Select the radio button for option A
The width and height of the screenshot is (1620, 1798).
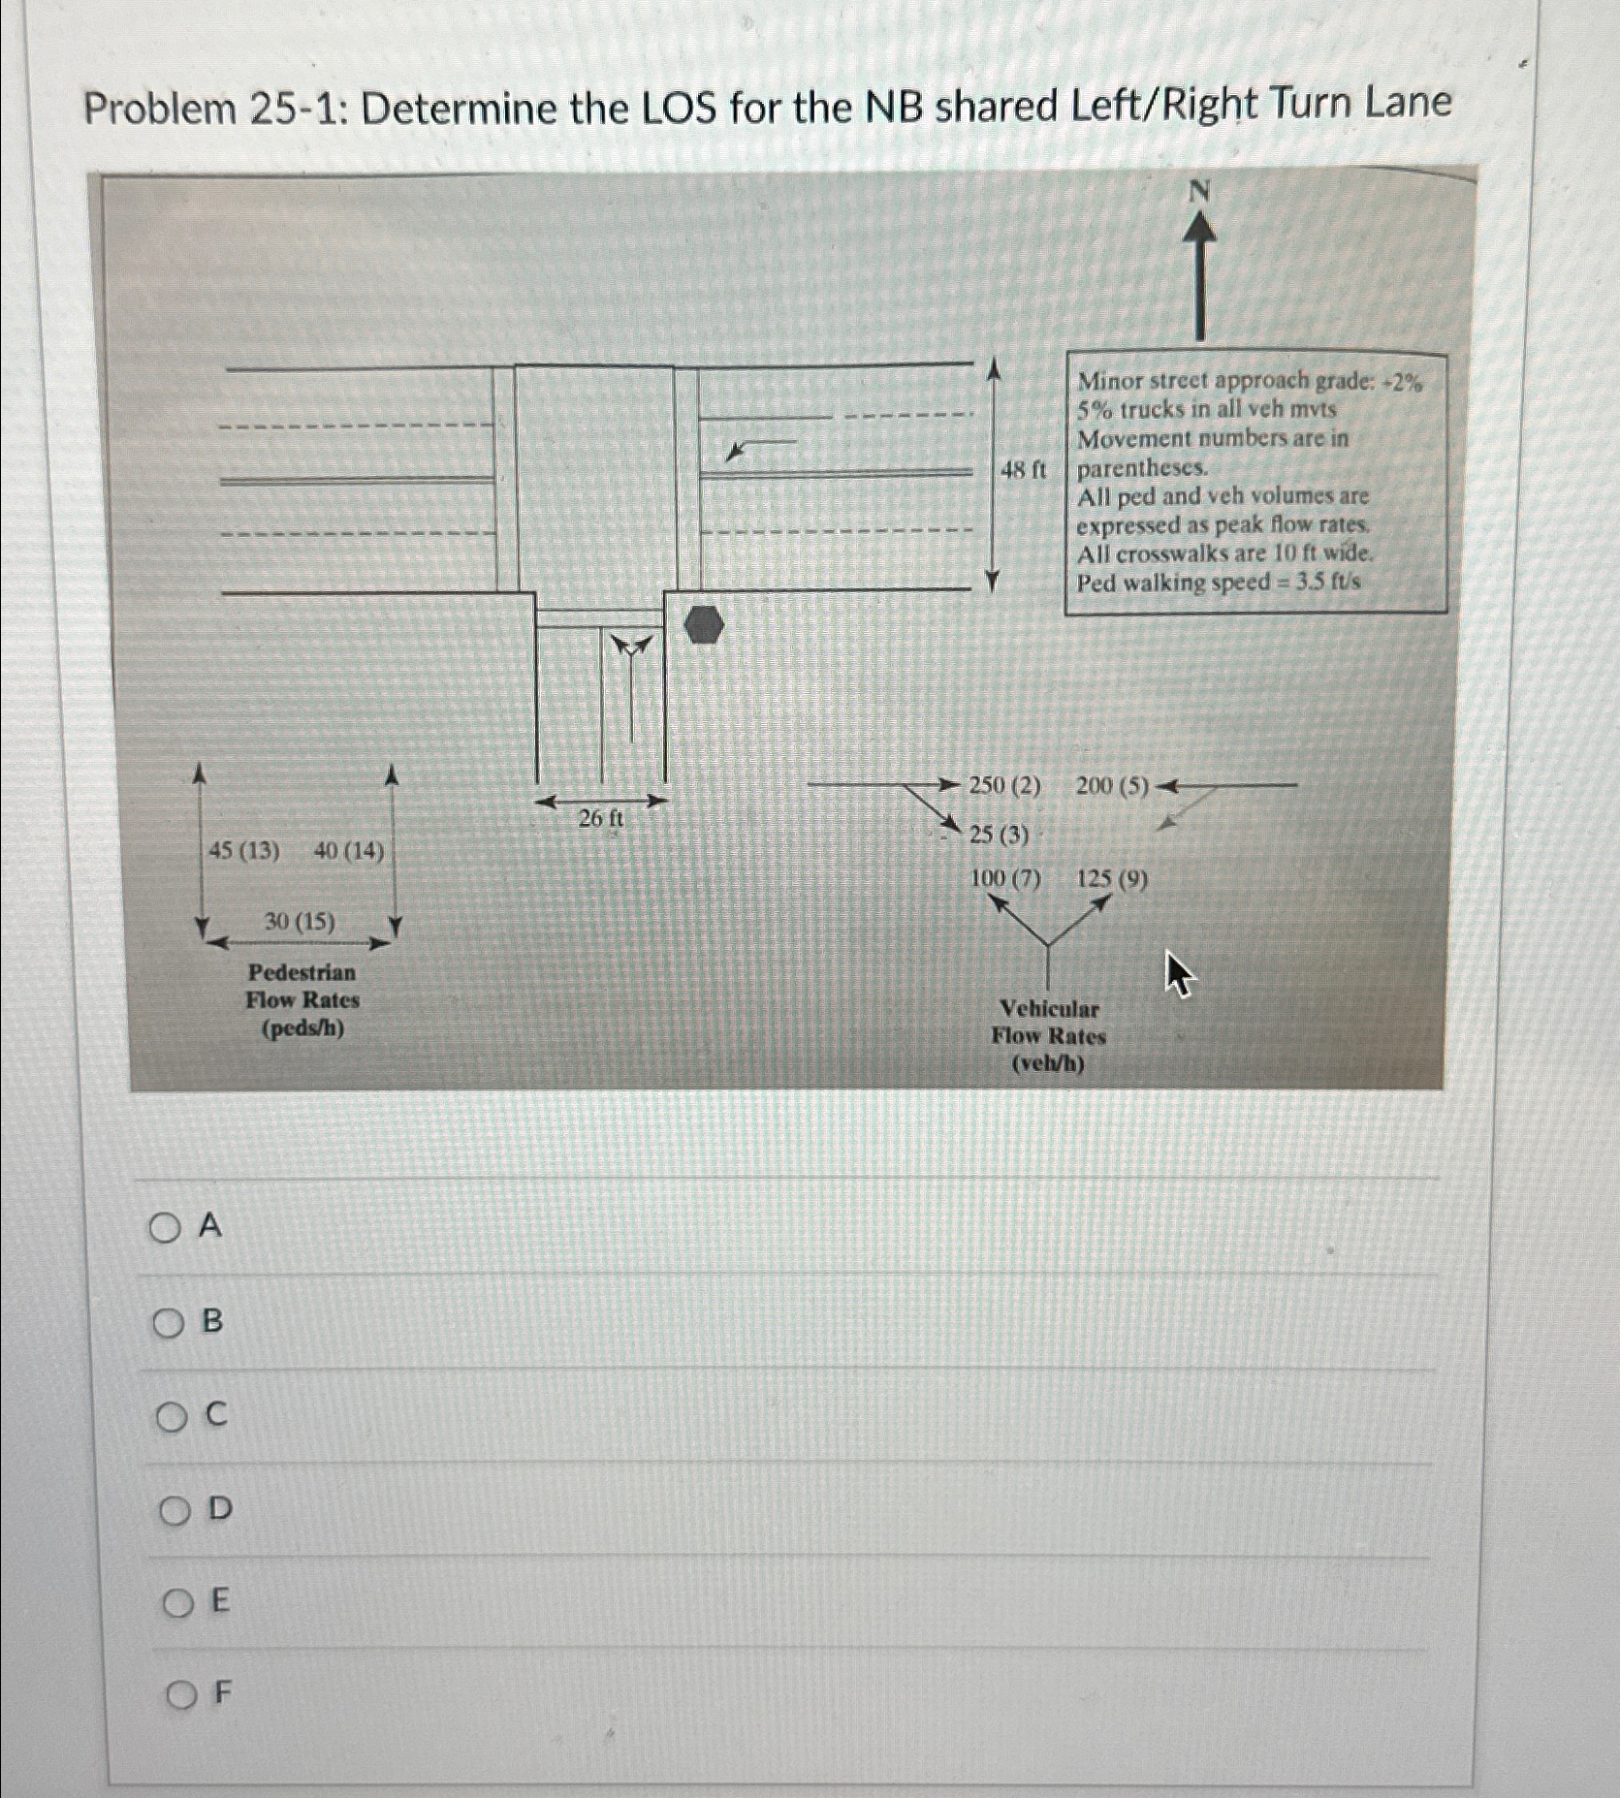tap(166, 1228)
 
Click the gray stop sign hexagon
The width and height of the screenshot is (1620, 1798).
tap(705, 625)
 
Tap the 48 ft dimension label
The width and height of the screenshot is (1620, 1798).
tap(1023, 471)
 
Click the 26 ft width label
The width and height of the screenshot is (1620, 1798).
tap(600, 819)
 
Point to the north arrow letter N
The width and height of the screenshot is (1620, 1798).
tap(1199, 192)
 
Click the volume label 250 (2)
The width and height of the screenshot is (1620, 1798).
tap(1005, 785)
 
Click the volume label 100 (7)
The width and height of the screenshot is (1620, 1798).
tap(1005, 879)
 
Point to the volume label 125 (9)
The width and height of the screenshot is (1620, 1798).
tap(1112, 879)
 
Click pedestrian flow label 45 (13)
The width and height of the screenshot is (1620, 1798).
tap(244, 851)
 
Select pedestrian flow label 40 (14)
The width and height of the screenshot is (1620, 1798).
tap(349, 851)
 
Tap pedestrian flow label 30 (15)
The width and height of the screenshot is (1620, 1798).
tap(300, 921)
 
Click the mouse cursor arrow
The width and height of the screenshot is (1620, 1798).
tap(1177, 972)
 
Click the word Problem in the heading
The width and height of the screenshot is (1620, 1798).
tap(160, 109)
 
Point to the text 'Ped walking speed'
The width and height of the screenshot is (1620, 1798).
tap(1173, 583)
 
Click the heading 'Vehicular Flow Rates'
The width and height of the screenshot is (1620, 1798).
tap(1048, 1023)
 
